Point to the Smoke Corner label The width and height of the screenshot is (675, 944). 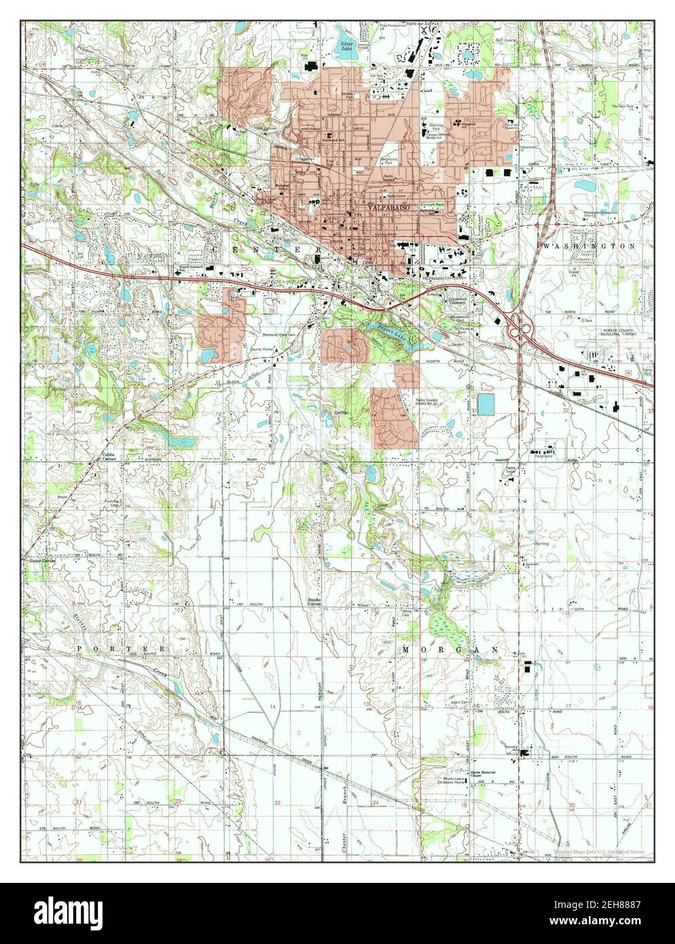[314, 600]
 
